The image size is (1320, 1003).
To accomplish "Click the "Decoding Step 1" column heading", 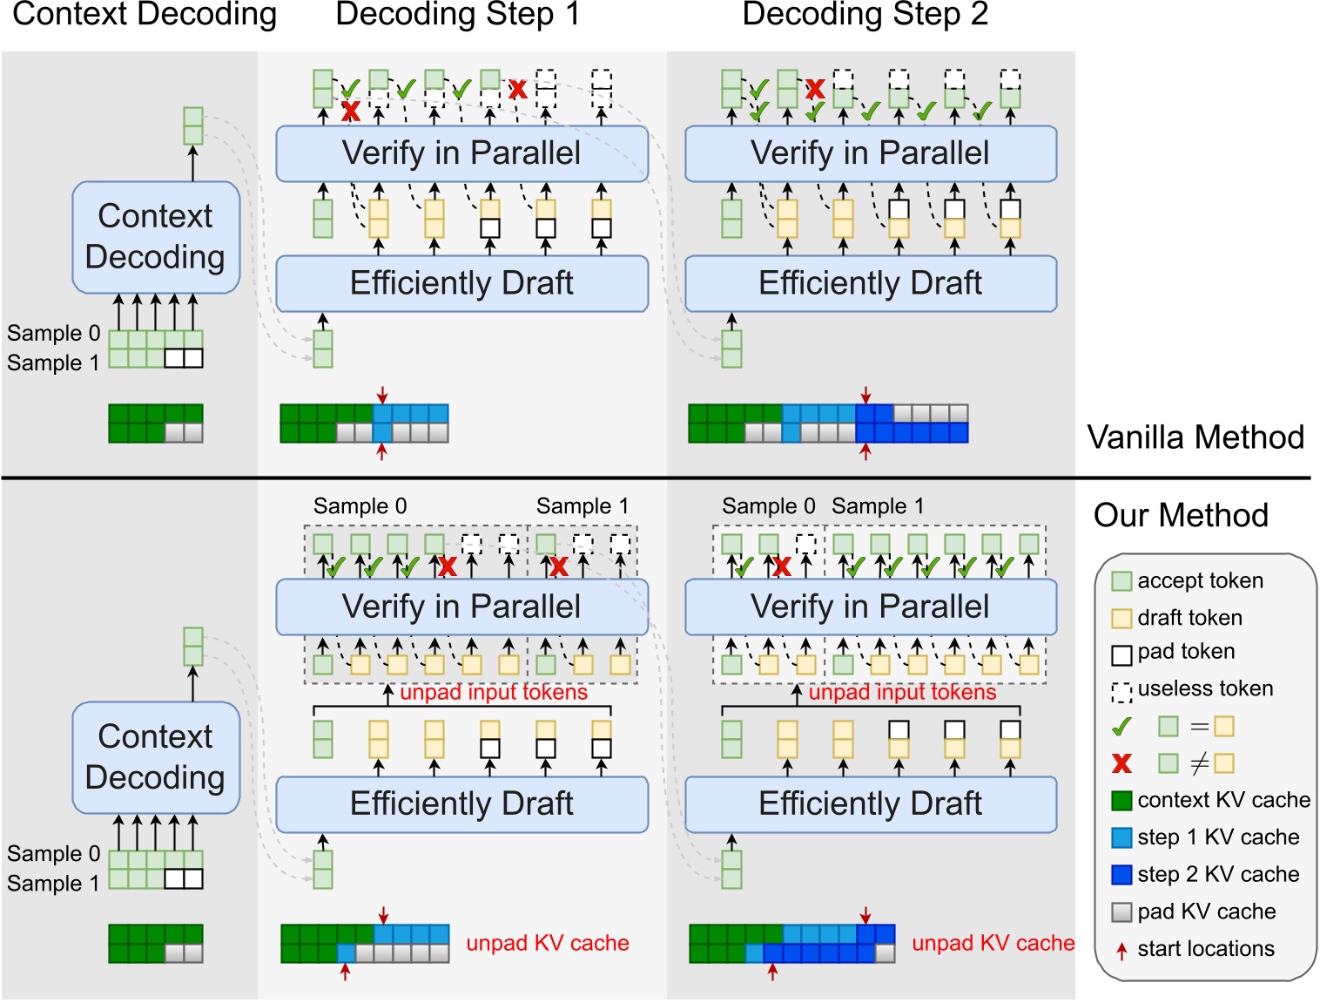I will tap(457, 15).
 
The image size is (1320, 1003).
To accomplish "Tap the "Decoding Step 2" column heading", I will tap(865, 15).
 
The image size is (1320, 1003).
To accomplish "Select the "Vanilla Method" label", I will tap(1195, 437).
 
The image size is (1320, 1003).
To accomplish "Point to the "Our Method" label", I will tap(1181, 515).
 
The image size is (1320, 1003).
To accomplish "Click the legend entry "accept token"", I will tap(1199, 580).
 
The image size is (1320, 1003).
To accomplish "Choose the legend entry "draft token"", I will tap(1189, 618).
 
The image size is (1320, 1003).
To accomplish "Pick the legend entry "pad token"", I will tap(1185, 652).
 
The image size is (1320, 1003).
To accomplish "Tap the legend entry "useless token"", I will tap(1204, 688).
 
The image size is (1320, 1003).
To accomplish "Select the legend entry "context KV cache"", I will tap(1222, 800).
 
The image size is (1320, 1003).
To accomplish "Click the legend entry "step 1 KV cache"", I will tap(1217, 837).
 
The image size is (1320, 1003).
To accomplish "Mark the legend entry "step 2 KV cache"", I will tap(1217, 874).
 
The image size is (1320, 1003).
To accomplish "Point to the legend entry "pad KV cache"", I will tap(1206, 912).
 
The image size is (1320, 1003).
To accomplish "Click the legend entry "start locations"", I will tap(1205, 949).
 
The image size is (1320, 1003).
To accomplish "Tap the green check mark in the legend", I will tap(1122, 726).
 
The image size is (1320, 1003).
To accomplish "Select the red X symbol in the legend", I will tap(1122, 763).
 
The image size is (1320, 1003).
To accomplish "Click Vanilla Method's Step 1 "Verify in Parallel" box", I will tap(461, 153).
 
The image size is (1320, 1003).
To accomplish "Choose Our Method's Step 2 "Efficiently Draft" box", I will tap(871, 803).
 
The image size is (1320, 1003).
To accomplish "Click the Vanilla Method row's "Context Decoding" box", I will tap(156, 236).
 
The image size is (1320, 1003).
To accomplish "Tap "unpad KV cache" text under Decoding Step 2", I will tap(993, 943).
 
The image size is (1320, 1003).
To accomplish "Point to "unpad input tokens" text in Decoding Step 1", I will tap(494, 692).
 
